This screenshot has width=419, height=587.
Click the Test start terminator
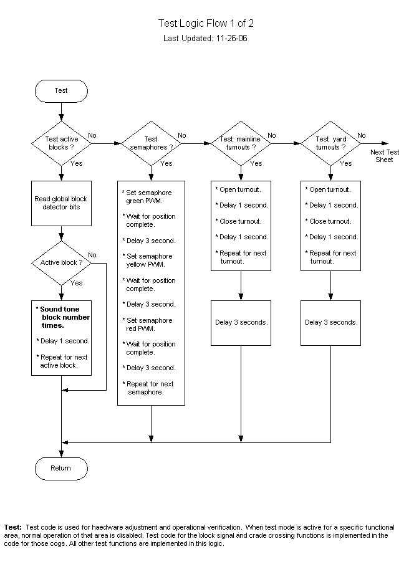(61, 91)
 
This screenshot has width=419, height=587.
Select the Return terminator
(61, 468)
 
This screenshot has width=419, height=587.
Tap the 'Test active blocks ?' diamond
(61, 143)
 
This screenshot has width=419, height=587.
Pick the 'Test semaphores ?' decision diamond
(151, 143)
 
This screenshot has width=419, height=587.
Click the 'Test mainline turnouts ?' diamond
(241, 143)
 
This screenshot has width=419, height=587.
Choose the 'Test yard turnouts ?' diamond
(330, 143)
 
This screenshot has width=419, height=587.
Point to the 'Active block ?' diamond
(61, 262)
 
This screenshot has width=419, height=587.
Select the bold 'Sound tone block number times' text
(64, 317)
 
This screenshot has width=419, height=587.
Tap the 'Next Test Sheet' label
(385, 156)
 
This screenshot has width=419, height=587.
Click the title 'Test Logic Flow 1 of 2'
(206, 24)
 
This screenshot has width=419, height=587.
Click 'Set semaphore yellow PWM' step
(150, 260)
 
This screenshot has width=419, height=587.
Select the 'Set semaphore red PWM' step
(150, 324)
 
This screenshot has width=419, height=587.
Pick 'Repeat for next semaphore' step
(150, 388)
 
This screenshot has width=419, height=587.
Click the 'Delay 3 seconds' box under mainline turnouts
(241, 323)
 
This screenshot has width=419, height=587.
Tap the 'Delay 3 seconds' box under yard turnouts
(330, 323)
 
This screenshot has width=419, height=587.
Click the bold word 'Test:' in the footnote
(13, 527)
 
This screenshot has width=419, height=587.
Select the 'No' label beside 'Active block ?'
(92, 255)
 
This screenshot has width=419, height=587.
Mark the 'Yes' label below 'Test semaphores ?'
(166, 164)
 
